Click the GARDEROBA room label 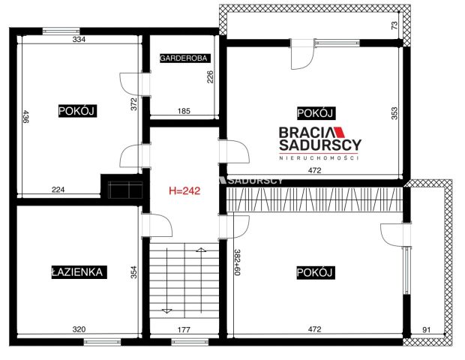[184, 58]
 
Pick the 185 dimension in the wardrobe [184, 111]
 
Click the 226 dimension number [211, 78]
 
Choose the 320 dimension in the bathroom [78, 328]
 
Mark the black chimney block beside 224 [121, 186]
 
